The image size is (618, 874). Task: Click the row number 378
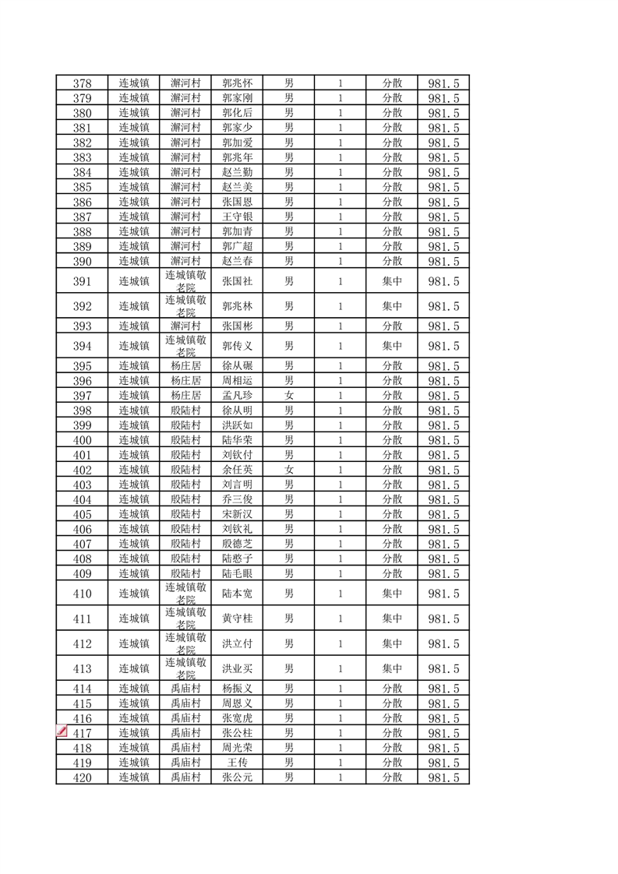click(82, 83)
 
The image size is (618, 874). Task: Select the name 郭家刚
click(237, 98)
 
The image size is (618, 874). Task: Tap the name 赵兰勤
click(237, 172)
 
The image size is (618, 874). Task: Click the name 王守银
click(237, 217)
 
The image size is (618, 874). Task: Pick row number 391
click(82, 282)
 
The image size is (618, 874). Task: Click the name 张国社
click(237, 282)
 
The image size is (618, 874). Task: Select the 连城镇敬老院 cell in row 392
click(185, 306)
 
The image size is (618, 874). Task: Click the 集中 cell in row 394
click(392, 346)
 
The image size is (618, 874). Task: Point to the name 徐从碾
click(237, 366)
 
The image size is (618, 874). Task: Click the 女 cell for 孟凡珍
click(288, 396)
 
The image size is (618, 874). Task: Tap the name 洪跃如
click(237, 425)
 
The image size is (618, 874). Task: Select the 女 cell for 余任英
click(288, 470)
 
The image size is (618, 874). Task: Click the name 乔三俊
click(237, 499)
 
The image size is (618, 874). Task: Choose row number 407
click(82, 544)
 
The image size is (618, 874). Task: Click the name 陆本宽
click(237, 594)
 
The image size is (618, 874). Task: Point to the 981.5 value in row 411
click(443, 619)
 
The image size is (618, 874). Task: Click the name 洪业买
click(237, 668)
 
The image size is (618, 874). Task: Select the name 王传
click(237, 763)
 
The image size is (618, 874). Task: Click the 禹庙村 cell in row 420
click(185, 777)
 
